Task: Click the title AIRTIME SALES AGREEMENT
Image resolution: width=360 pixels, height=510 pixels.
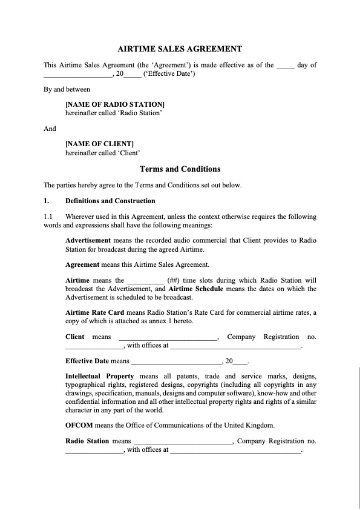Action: [179, 46]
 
